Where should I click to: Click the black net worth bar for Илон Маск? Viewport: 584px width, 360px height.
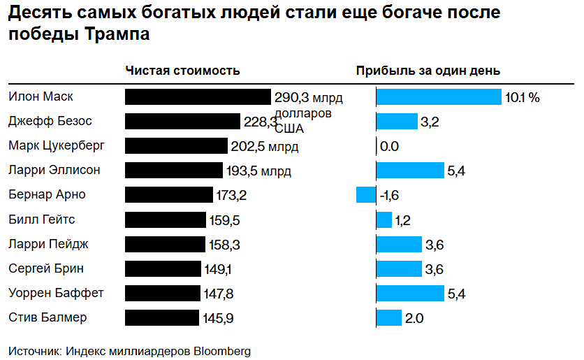click(198, 96)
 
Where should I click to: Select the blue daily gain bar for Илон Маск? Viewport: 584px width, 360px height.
click(439, 96)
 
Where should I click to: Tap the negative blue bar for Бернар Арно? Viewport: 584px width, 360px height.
click(365, 195)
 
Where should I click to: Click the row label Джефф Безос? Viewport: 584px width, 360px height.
click(50, 121)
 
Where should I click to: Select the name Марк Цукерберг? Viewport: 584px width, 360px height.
click(57, 145)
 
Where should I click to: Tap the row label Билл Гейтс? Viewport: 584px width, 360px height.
click(42, 219)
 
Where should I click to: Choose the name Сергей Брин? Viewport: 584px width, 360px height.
click(46, 268)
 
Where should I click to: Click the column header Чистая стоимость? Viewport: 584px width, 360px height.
click(183, 71)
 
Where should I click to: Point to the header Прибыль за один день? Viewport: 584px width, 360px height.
click(428, 71)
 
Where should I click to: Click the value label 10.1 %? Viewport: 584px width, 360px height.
click(522, 97)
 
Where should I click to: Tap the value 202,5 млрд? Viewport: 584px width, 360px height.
click(264, 147)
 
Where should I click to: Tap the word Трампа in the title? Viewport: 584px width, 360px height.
click(113, 34)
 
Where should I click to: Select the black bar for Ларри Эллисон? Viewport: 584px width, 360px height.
click(174, 171)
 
